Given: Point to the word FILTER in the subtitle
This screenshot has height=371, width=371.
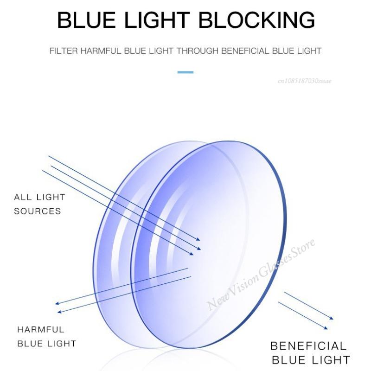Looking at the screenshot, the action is [x=64, y=51].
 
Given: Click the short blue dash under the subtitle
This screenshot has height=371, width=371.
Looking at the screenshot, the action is [x=185, y=72].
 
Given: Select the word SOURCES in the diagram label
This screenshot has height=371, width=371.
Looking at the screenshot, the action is [x=38, y=211].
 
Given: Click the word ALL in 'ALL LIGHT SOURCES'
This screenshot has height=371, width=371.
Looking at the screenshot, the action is [x=23, y=198].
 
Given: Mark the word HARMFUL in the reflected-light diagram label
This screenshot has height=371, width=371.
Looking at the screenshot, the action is [x=41, y=330].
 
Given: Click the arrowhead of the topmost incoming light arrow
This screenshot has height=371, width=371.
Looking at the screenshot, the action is [x=198, y=239].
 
